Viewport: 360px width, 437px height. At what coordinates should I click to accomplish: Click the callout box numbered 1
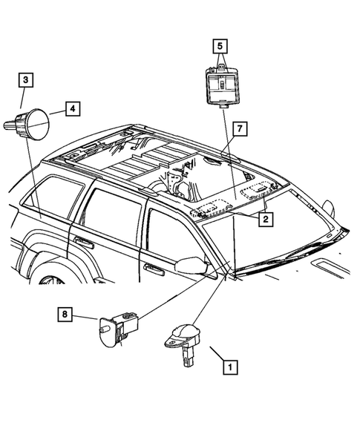pyautogui.click(x=231, y=366)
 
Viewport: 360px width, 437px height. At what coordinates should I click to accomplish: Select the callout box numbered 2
pyautogui.click(x=264, y=219)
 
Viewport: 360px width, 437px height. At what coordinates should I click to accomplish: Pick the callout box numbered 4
pyautogui.click(x=73, y=109)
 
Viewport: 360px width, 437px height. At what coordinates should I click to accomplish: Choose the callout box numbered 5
pyautogui.click(x=220, y=47)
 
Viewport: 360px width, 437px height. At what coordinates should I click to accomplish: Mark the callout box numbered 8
pyautogui.click(x=65, y=315)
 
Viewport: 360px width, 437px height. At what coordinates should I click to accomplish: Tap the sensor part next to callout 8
pyautogui.click(x=118, y=328)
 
